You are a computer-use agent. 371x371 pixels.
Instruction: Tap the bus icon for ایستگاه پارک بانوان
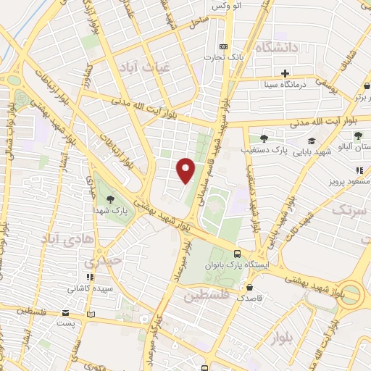238,254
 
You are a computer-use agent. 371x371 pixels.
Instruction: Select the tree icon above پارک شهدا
109,199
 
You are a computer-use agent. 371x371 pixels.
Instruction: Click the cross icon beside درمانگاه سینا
285,73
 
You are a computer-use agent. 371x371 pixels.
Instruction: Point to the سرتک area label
350,210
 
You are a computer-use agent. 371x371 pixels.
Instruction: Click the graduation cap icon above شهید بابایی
312,141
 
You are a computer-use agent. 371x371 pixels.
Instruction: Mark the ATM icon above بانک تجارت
222,46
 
